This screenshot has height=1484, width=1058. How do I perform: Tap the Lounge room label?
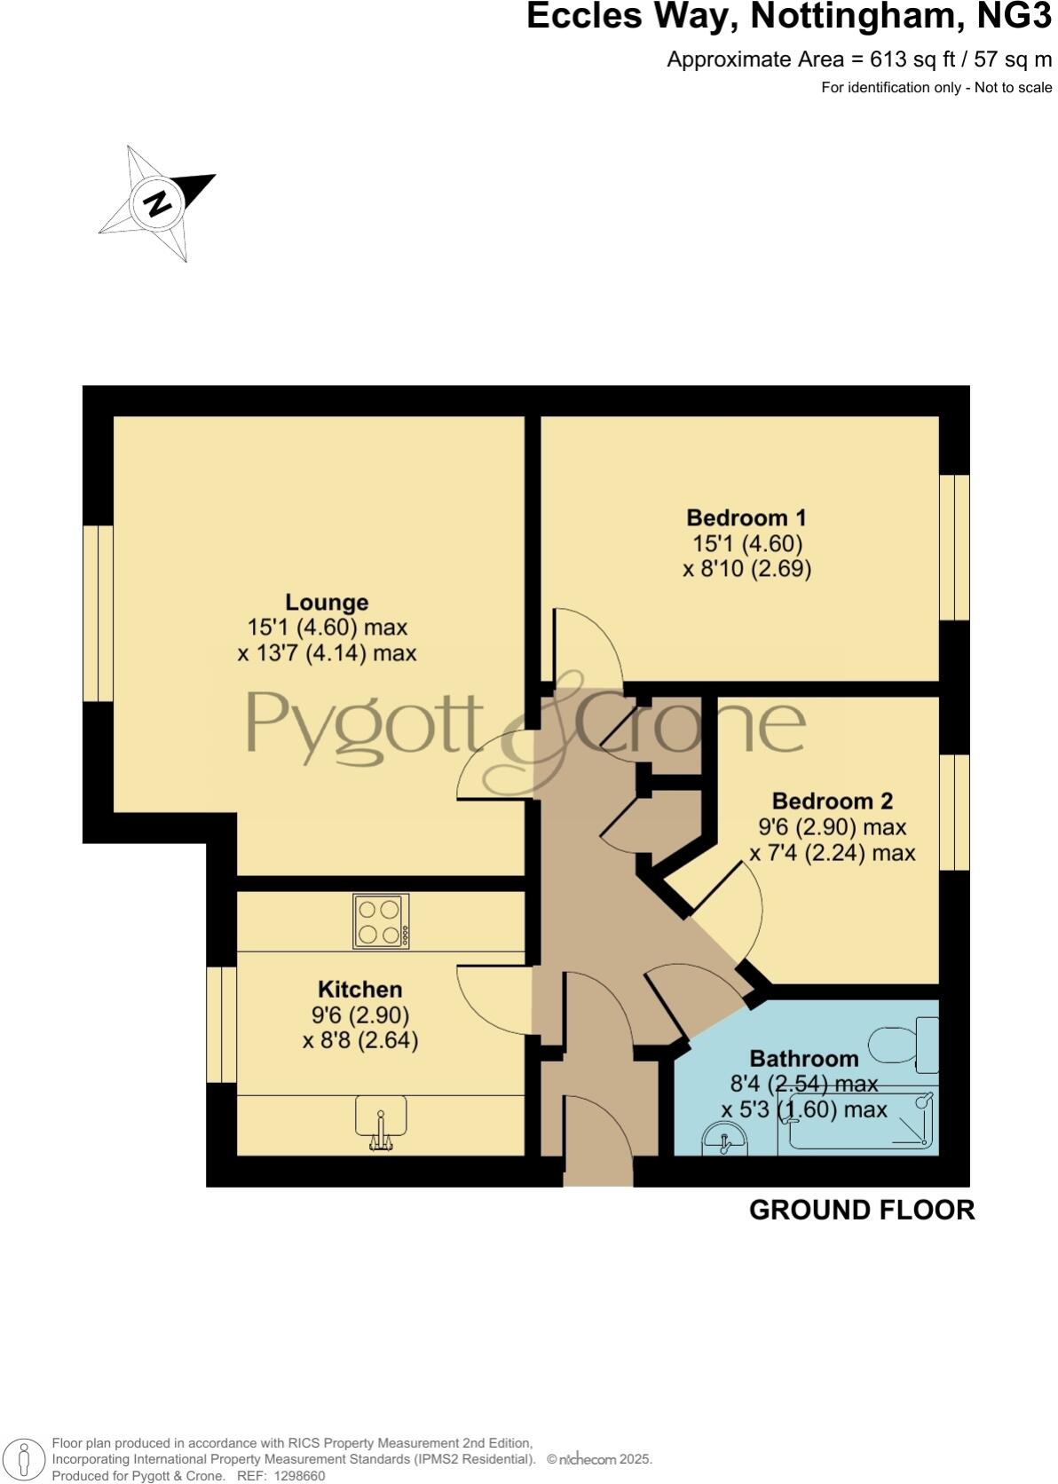(327, 603)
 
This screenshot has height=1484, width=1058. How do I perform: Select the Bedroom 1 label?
(746, 517)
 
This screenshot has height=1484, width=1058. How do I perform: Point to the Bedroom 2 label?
(832, 801)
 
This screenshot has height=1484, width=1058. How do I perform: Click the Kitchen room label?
(359, 990)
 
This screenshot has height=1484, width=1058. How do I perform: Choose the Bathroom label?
(803, 1058)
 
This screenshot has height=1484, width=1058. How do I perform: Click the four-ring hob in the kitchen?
(381, 921)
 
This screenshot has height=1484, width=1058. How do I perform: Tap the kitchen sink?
(381, 1118)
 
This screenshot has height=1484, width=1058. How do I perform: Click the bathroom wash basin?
(725, 1139)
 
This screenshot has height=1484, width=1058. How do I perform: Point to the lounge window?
(99, 613)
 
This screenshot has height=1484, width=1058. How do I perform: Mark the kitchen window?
(221, 1024)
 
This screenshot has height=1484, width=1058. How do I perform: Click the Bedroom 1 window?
(954, 547)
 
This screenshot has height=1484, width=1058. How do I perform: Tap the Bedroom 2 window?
(954, 812)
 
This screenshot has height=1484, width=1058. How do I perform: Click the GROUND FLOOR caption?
(861, 1210)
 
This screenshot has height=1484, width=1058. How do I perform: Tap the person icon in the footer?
(24, 1459)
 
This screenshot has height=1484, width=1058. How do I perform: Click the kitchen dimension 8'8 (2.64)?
(360, 1039)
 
